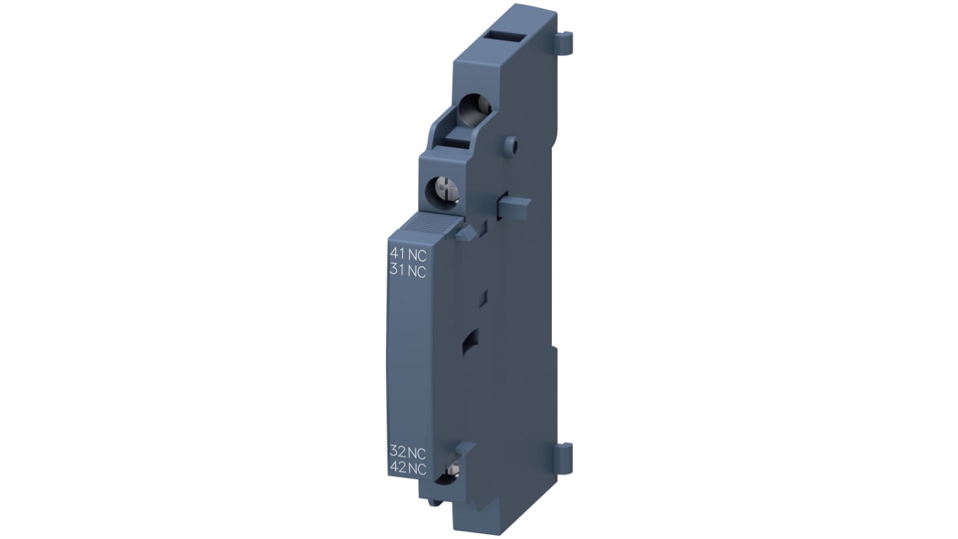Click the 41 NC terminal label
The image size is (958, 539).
[x=408, y=255]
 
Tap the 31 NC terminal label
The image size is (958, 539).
[x=408, y=272]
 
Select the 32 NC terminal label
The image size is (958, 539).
[x=408, y=453]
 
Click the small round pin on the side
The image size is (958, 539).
[x=512, y=144]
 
